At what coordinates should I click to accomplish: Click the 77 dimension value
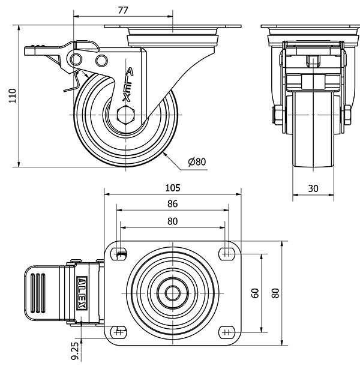122,10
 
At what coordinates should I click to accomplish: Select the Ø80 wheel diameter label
196,161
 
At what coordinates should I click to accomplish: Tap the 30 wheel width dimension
313,188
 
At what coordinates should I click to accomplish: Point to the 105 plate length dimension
172,187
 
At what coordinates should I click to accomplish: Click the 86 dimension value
172,204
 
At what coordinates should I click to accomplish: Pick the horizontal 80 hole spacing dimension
172,221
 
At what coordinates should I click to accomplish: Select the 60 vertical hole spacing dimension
254,293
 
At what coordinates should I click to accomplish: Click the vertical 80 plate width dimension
275,293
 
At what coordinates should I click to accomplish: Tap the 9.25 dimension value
74,349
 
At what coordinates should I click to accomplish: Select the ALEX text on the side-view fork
127,84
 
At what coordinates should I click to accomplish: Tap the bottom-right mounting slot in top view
226,331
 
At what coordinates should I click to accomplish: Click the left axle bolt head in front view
278,114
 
